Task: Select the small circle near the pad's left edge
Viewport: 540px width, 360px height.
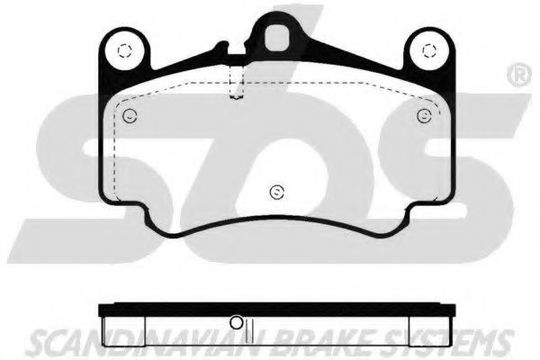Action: (129, 114)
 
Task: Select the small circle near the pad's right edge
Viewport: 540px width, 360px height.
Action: (423, 114)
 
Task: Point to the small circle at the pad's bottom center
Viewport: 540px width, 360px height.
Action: (277, 190)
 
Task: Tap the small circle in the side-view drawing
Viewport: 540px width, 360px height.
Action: (237, 322)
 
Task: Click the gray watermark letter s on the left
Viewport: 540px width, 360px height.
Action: (81, 171)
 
